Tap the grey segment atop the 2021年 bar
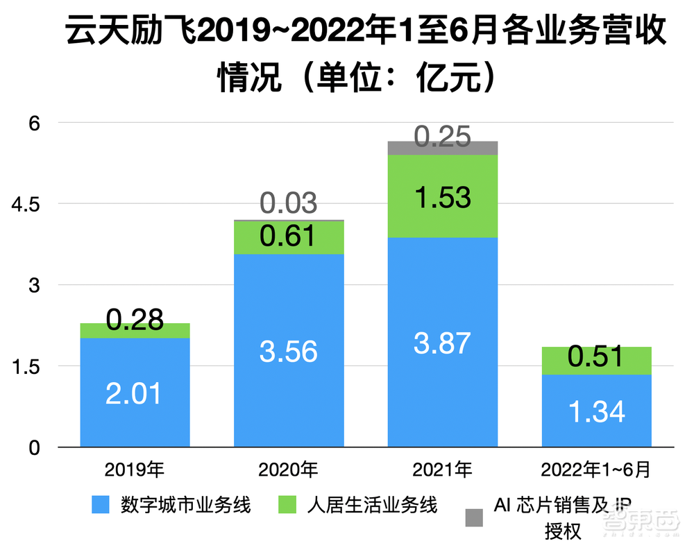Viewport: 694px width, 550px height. pos(443,148)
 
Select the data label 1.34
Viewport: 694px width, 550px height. pos(596,411)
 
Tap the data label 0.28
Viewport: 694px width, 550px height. pos(135,319)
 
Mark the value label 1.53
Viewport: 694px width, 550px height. pos(442,198)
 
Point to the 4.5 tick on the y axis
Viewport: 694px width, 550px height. pos(28,204)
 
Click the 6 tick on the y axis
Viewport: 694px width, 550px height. pos(35,123)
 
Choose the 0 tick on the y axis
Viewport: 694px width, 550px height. pos(35,447)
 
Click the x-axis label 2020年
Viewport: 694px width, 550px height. pos(288,470)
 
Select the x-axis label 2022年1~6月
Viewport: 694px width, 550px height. pos(596,470)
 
